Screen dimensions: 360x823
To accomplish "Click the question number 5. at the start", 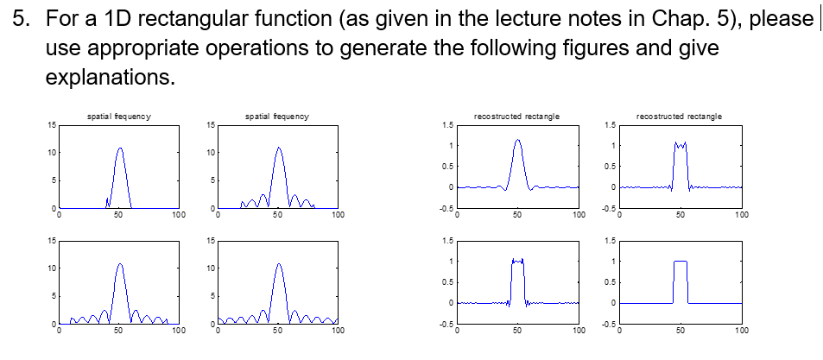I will tap(22, 20).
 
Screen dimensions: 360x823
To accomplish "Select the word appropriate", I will tap(126, 49).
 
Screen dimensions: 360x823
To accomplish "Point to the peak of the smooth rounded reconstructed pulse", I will tap(517, 141).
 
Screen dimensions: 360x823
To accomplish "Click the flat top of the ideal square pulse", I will tap(681, 262).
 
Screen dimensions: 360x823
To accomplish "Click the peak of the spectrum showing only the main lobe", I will tap(119, 148).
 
